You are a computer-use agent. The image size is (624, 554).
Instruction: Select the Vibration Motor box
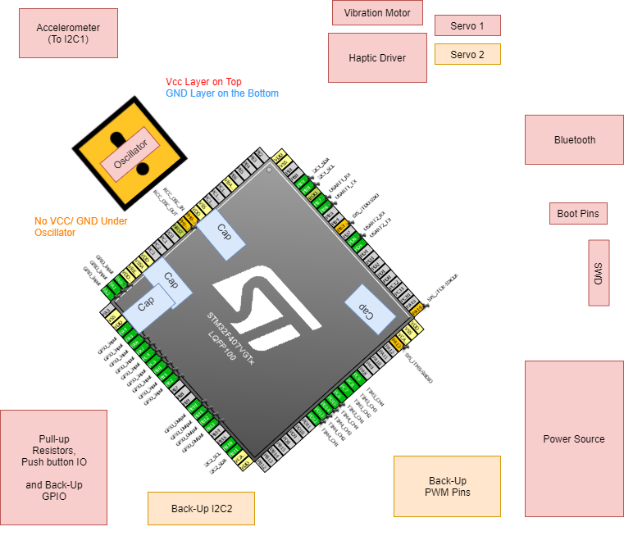[x=377, y=13]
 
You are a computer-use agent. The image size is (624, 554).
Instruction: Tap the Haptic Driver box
[x=377, y=57]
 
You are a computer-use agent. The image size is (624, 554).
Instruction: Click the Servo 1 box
[x=467, y=25]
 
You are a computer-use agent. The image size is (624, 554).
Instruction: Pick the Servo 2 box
[x=467, y=54]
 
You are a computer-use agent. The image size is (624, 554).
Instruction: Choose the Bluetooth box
[x=574, y=139]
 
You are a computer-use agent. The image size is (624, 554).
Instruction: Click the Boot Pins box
[x=578, y=214]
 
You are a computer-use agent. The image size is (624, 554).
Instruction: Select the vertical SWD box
[x=599, y=273]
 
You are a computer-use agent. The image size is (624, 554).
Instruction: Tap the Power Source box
[x=574, y=438]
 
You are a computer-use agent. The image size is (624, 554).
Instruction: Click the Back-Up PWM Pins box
[x=447, y=486]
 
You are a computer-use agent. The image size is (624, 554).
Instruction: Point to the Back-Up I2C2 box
[x=201, y=508]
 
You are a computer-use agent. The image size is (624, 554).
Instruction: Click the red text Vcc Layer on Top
[x=203, y=82]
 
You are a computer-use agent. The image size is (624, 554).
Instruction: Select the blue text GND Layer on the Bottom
[x=221, y=93]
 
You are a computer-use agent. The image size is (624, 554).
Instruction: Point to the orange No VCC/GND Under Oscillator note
[x=80, y=226]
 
